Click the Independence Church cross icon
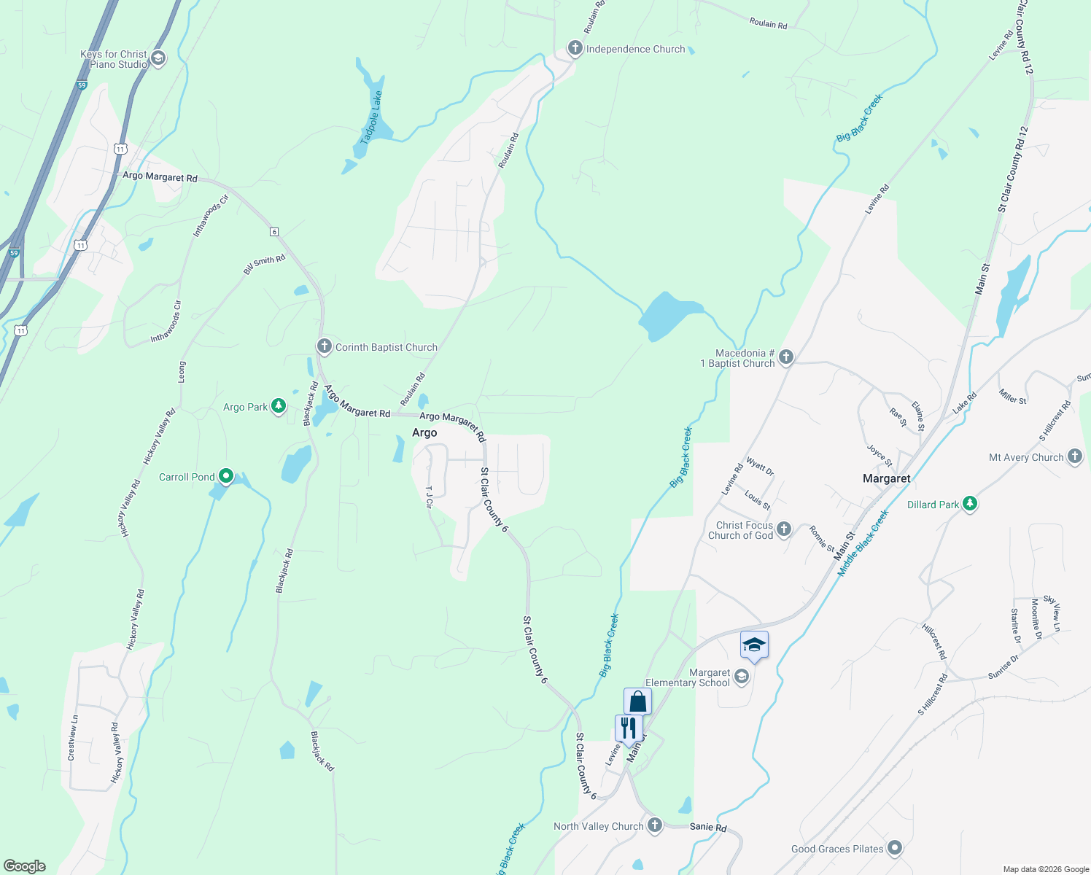point(575,49)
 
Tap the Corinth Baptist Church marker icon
point(325,347)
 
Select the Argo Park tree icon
point(278,406)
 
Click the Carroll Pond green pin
point(226,477)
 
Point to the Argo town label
point(424,432)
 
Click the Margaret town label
point(886,478)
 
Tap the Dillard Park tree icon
point(969,504)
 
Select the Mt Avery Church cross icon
point(1074,457)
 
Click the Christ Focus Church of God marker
point(784,530)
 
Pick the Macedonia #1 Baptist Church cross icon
point(785,357)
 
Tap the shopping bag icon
point(637,701)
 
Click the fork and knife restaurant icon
point(628,728)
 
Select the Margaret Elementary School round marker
point(741,677)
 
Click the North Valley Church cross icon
point(654,825)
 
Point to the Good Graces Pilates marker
point(895,848)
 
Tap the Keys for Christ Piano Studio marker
point(158,59)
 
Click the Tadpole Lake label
point(372,117)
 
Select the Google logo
point(24,866)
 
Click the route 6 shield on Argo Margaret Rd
point(274,232)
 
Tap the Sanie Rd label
point(708,828)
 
